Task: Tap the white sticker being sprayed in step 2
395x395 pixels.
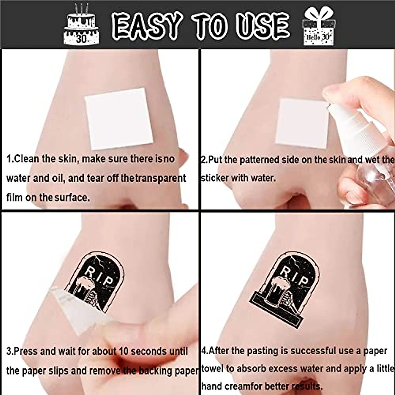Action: pyautogui.click(x=301, y=124)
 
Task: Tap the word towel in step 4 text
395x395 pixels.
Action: pyautogui.click(x=213, y=368)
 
